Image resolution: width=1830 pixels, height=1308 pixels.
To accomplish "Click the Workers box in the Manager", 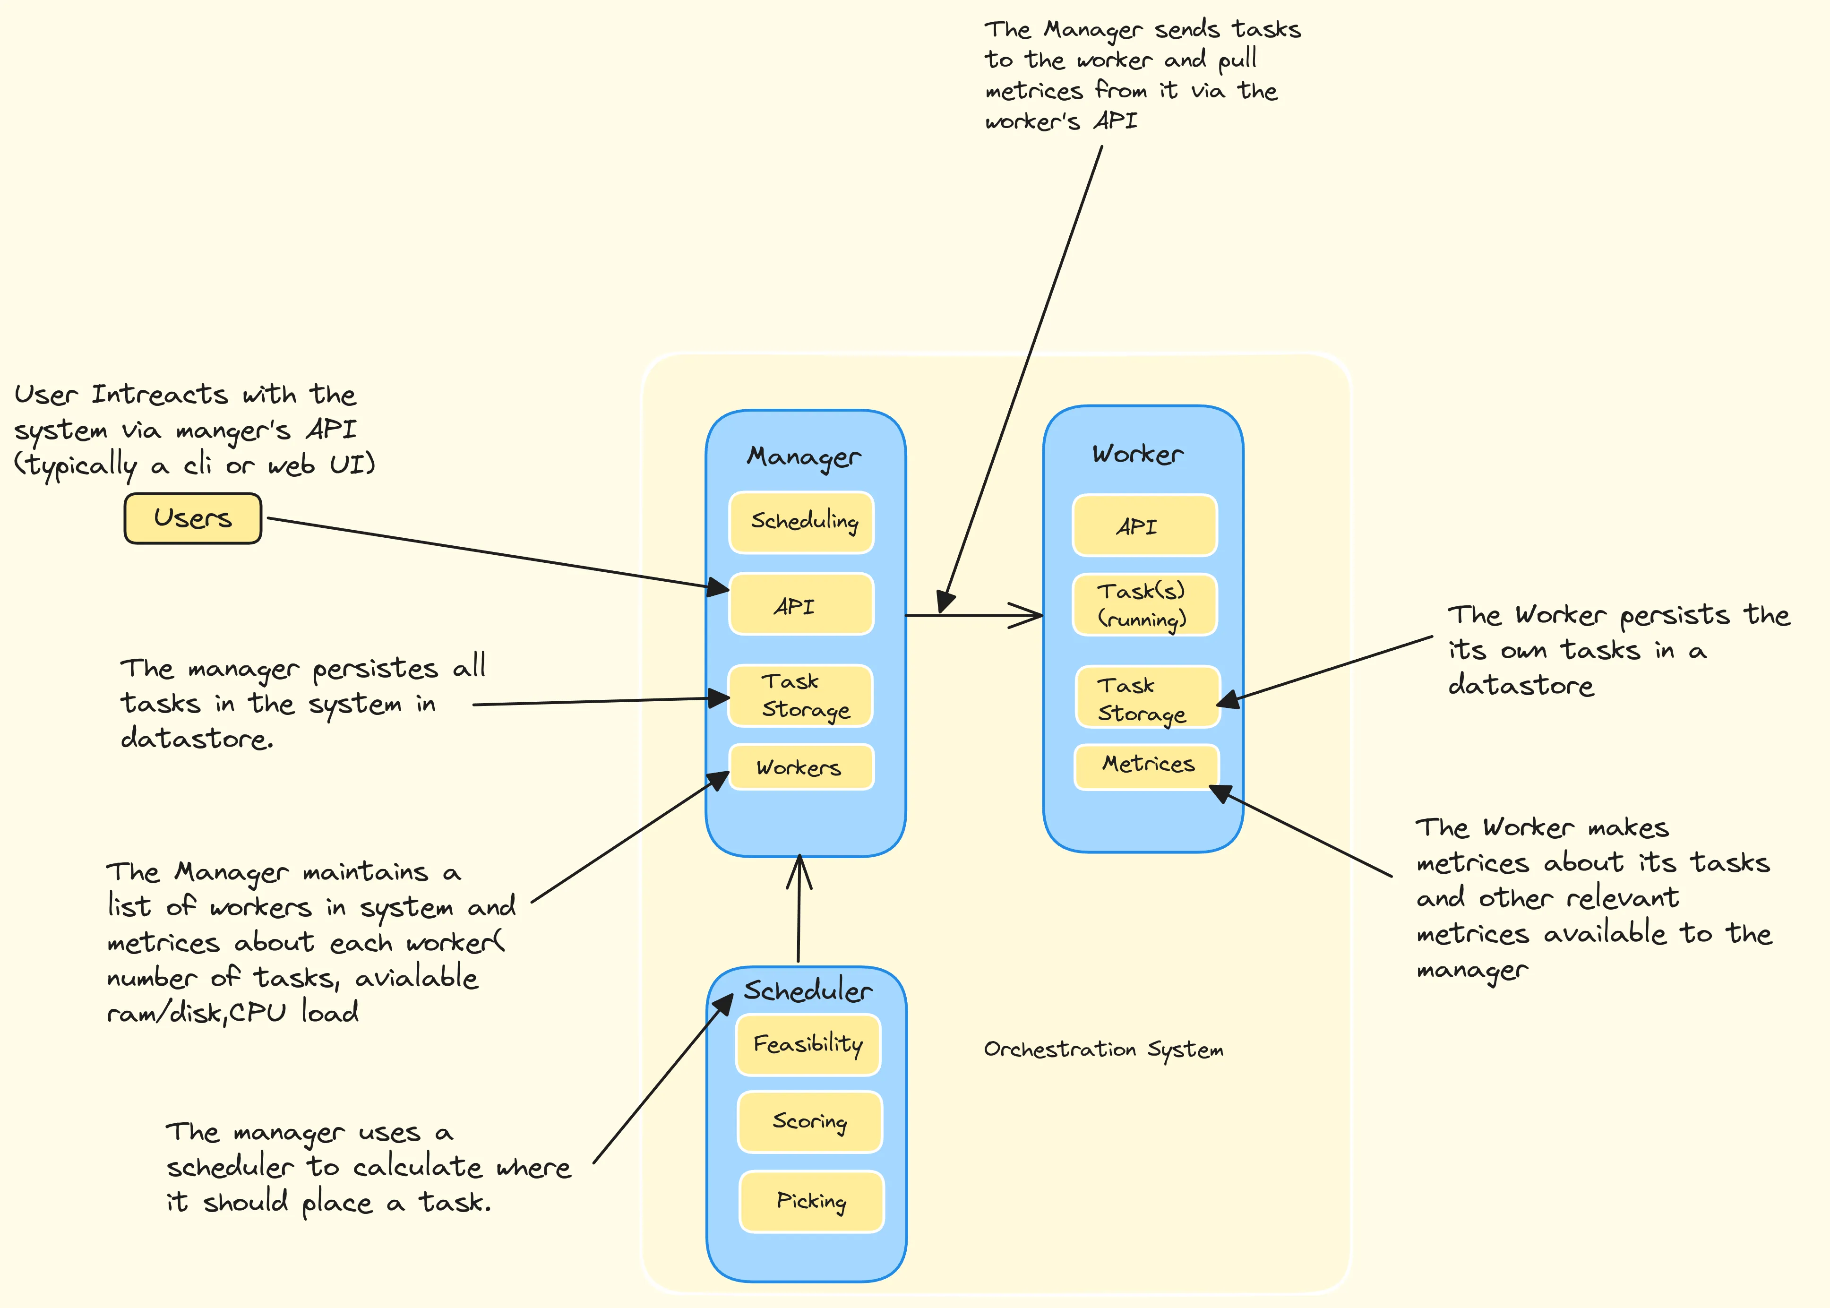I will point(801,767).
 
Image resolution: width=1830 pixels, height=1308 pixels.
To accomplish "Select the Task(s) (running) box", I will point(1144,605).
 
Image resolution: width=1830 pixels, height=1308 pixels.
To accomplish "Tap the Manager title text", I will point(804,456).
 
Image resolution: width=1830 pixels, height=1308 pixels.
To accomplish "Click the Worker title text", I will point(1138,454).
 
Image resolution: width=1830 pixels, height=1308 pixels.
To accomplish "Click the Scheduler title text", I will point(808,990).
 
